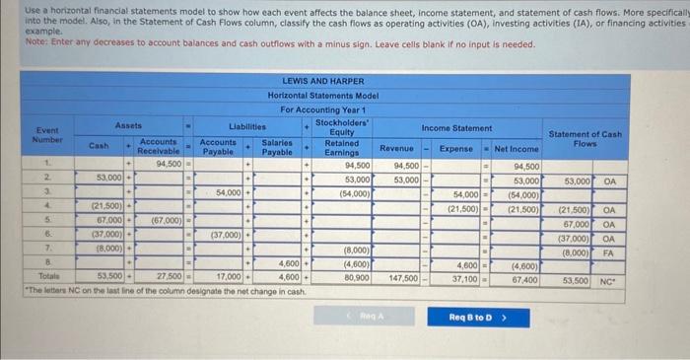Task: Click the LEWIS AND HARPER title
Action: coord(322,81)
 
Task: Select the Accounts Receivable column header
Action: coord(158,146)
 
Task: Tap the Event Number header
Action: coord(46,134)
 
